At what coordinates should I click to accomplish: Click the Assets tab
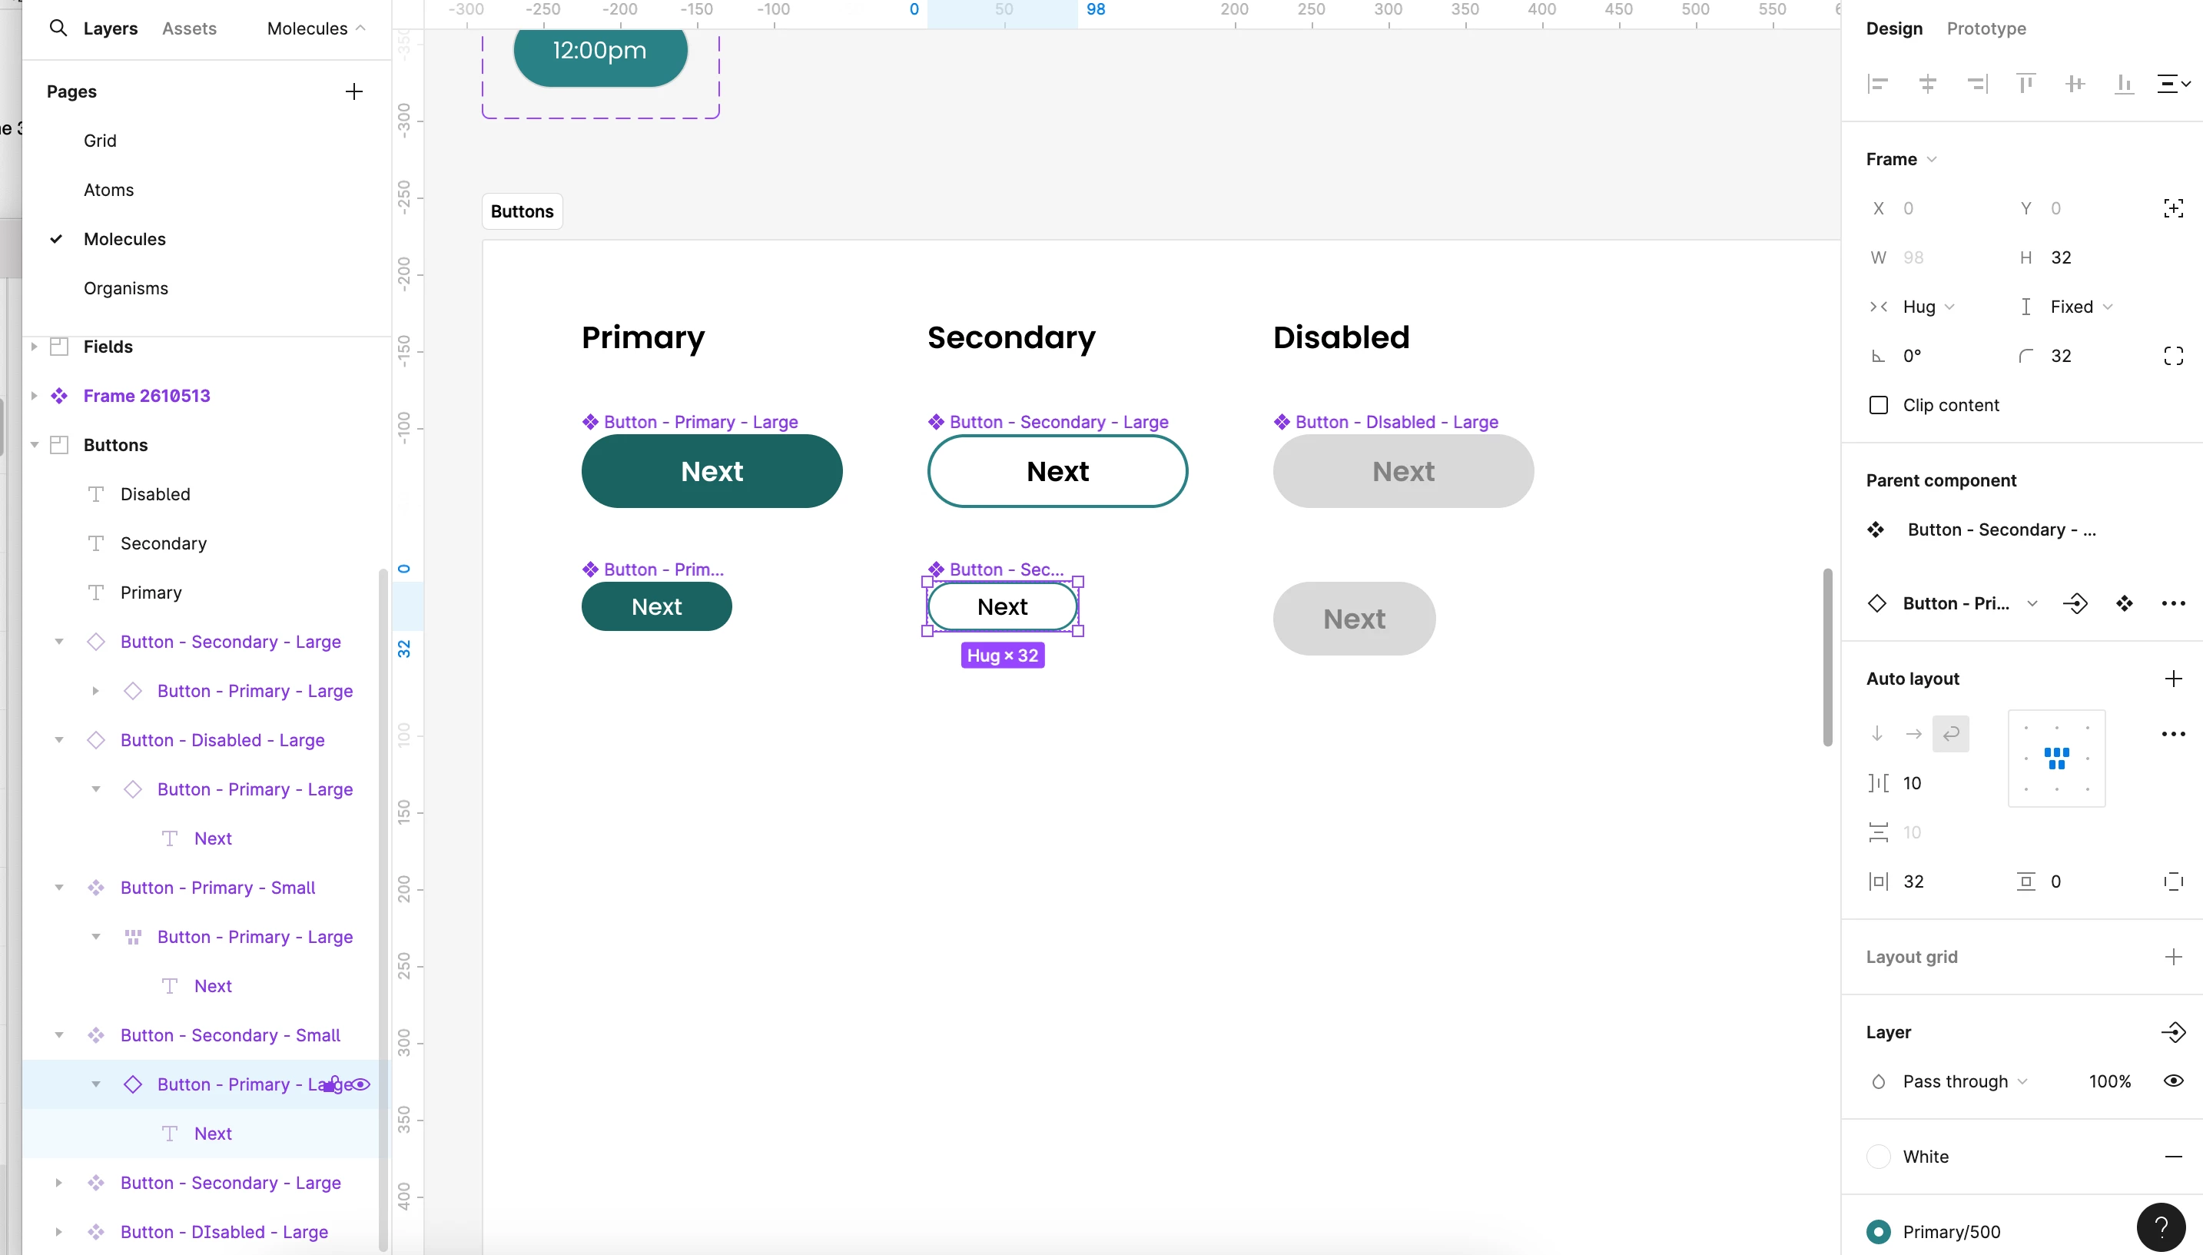[189, 28]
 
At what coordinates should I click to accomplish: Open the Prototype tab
[1986, 28]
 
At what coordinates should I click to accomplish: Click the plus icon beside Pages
[353, 91]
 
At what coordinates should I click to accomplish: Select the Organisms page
[126, 288]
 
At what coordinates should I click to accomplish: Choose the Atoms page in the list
[108, 190]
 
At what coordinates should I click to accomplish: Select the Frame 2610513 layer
[147, 396]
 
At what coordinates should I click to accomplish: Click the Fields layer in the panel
[108, 347]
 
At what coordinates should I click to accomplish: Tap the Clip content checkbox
[1878, 405]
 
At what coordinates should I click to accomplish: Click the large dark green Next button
[712, 471]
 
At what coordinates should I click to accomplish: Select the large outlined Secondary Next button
[1057, 471]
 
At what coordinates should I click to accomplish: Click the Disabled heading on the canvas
[1341, 337]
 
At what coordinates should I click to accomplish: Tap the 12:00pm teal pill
[599, 51]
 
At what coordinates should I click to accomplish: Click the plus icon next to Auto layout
[2173, 679]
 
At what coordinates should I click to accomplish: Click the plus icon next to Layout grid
[2173, 957]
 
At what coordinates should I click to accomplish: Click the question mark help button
[2161, 1227]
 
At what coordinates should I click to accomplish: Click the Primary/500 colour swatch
[1878, 1232]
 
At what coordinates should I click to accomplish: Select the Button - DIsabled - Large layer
[224, 1232]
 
